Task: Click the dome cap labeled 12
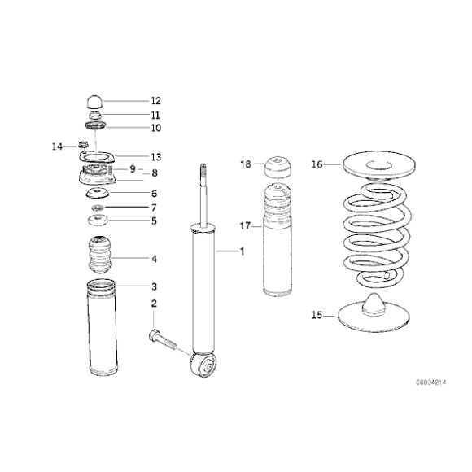[95, 102]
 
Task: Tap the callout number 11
[155, 115]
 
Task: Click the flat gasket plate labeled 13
[97, 157]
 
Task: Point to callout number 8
[155, 173]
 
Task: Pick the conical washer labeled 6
[98, 193]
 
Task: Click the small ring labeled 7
[98, 208]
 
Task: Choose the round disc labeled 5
[98, 220]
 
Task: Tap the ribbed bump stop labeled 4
[100, 255]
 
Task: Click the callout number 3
[154, 286]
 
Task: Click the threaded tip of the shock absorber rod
[203, 171]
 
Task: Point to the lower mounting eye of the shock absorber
[203, 365]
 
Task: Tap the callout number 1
[242, 251]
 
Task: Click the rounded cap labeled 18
[278, 168]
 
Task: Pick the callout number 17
[245, 225]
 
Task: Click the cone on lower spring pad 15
[374, 304]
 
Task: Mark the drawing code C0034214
[431, 382]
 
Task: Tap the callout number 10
[156, 128]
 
